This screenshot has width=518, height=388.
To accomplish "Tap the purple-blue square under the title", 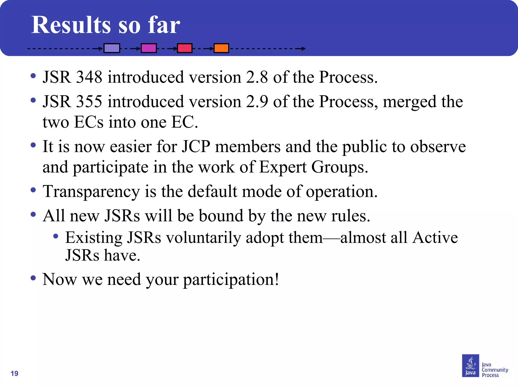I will click(112, 48).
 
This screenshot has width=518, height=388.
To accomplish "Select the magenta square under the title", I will click(149, 48).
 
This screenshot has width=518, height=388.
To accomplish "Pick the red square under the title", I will click(185, 48).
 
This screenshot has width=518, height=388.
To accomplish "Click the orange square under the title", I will click(221, 48).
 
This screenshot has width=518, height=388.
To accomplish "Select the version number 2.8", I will click(257, 77).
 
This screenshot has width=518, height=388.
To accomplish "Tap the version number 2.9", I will click(257, 102).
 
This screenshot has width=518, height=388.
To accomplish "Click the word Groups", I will click(339, 167).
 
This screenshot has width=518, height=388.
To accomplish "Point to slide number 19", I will click(14, 373).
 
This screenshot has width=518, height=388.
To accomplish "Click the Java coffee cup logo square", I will click(470, 366).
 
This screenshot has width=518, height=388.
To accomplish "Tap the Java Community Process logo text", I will click(494, 370).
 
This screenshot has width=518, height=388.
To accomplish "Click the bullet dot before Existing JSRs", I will click(56, 236).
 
